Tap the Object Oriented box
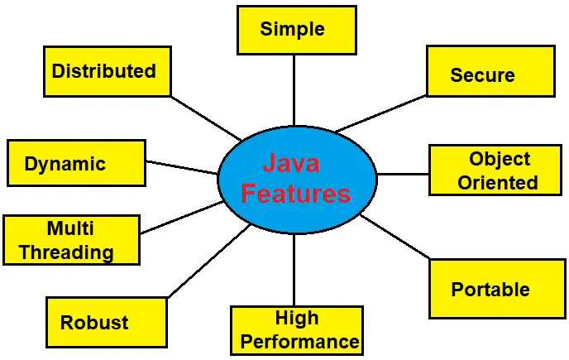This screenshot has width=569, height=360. coord(496,170)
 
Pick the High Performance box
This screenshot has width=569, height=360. coord(296,330)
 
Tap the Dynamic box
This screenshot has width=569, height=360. coord(75,163)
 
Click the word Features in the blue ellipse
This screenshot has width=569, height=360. coord(296,194)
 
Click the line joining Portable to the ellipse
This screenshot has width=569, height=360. coord(395,238)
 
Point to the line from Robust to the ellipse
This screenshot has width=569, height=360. coord(208,261)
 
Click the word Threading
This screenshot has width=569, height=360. coord(66,252)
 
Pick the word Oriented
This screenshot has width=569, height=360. coord(497,182)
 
